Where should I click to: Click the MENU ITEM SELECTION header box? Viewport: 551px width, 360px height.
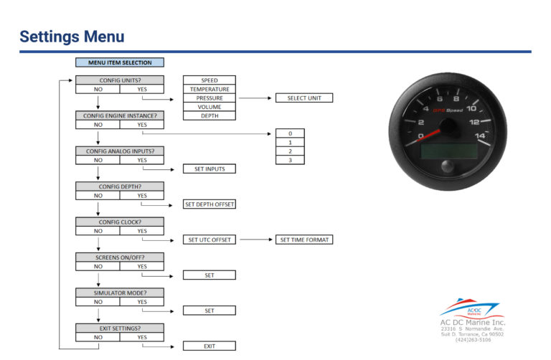point(120,62)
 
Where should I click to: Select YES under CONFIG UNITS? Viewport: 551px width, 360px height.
point(142,89)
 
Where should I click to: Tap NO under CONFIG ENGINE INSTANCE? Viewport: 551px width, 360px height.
point(98,125)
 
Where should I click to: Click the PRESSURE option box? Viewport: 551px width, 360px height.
point(209,98)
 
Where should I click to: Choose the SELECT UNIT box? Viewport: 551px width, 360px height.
point(304,98)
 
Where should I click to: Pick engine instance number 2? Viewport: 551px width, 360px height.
point(291,151)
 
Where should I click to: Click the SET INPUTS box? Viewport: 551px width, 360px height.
point(209,169)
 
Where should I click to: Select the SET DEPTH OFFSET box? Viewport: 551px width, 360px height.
point(209,204)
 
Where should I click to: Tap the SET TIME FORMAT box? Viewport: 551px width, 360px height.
point(304,240)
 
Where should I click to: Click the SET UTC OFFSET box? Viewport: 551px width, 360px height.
point(209,240)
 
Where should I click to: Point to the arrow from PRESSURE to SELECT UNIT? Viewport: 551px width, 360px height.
point(255,98)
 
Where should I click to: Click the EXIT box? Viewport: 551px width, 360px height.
point(209,346)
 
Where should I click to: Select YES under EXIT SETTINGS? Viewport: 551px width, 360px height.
point(142,337)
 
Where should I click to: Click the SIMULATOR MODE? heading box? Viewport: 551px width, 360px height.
point(120,293)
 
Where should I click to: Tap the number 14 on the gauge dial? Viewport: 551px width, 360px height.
point(480,136)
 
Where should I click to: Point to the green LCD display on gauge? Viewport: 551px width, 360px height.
point(449,151)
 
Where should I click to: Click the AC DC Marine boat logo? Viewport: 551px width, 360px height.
point(471,308)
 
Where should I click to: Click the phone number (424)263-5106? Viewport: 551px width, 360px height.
point(473,340)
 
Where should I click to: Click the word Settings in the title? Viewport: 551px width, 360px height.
point(50,37)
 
